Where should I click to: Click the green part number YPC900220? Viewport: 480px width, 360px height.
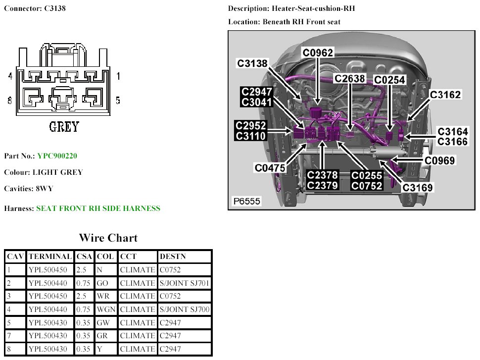57,156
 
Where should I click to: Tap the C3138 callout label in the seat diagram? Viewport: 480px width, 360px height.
252,63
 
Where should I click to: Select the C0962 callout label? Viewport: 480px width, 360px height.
318,53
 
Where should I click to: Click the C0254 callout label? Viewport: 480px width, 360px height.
389,80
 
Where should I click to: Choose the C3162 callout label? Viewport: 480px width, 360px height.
445,95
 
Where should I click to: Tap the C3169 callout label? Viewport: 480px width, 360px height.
418,188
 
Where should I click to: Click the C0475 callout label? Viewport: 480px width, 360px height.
270,168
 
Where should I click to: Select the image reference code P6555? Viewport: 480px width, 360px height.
247,201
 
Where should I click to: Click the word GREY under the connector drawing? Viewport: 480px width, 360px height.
64,127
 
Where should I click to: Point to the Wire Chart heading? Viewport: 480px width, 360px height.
108,238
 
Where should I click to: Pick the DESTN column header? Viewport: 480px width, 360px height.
172,257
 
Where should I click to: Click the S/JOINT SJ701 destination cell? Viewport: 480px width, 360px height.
185,283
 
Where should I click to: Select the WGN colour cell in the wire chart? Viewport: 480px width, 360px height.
105,309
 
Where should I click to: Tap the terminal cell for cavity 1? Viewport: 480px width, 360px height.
50,270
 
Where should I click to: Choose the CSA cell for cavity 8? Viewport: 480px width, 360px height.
84,349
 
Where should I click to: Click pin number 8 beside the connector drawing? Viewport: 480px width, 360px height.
10,101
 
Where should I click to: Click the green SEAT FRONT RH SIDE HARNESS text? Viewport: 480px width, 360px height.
98,208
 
